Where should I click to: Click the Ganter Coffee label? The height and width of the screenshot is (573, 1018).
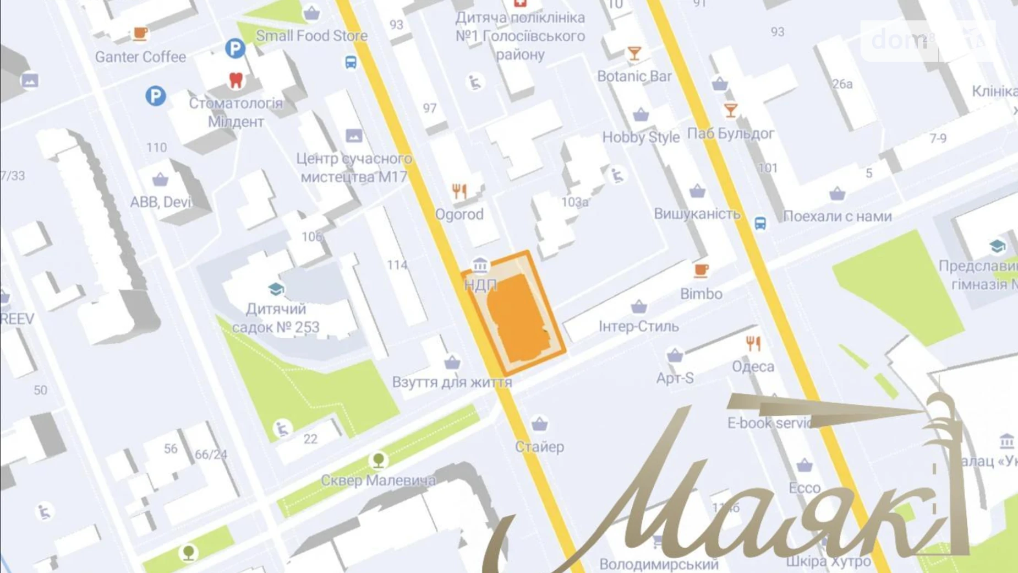[x=140, y=57]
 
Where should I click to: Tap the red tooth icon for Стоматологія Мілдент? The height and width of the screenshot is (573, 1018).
[x=236, y=80]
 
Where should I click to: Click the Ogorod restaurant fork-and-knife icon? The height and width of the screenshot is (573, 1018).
[x=459, y=191]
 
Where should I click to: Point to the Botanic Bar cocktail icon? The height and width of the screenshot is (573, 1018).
[x=634, y=53]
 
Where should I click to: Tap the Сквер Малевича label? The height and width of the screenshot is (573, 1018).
[x=377, y=480]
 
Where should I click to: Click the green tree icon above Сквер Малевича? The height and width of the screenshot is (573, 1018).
[x=379, y=460]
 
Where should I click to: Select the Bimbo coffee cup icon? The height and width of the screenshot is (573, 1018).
[x=700, y=271]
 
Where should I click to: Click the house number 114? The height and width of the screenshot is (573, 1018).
[x=397, y=265]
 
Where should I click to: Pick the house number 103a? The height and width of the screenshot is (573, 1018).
[x=574, y=202]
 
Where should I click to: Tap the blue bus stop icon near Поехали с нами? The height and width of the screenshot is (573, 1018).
[x=760, y=223]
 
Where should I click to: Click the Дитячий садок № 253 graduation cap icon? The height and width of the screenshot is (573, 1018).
[x=276, y=289]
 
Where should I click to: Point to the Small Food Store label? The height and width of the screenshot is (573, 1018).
[x=311, y=36]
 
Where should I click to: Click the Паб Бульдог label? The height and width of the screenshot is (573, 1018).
[x=730, y=133]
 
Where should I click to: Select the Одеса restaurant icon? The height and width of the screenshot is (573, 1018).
[x=753, y=344]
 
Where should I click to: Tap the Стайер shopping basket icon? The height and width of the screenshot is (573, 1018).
[x=539, y=424]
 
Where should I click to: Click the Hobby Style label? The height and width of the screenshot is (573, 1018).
[x=641, y=137]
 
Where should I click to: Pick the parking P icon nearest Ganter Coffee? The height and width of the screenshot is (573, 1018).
[x=235, y=48]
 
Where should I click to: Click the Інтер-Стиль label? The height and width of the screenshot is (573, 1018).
[x=638, y=326]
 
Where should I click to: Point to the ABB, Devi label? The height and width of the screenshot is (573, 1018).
[x=160, y=202]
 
